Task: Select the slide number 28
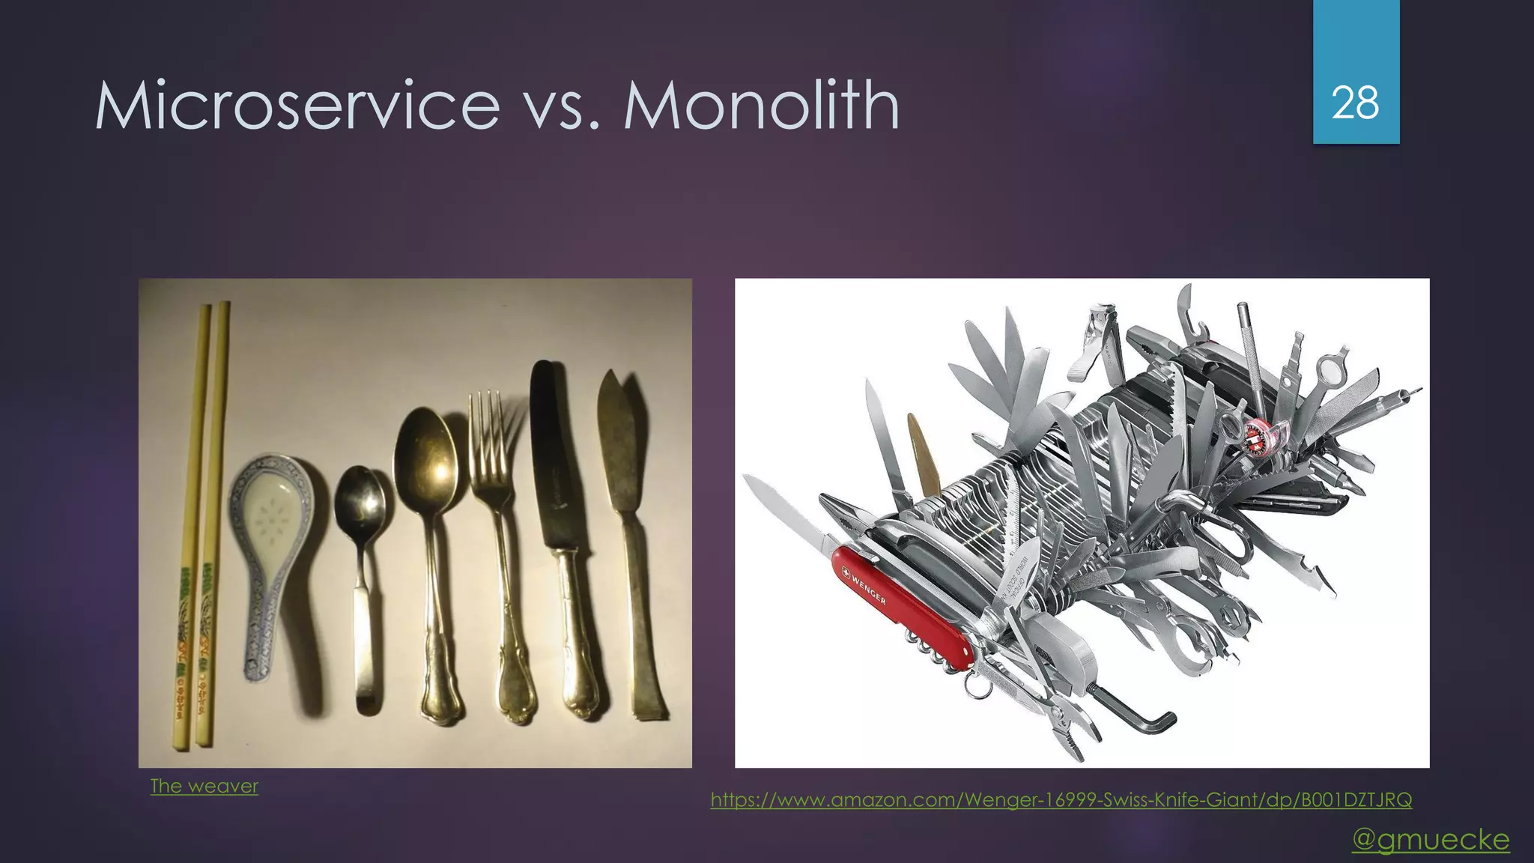pyautogui.click(x=1355, y=103)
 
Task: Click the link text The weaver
pyautogui.click(x=204, y=786)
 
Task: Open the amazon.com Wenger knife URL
pyautogui.click(x=1061, y=799)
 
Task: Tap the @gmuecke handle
pyautogui.click(x=1430, y=839)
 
